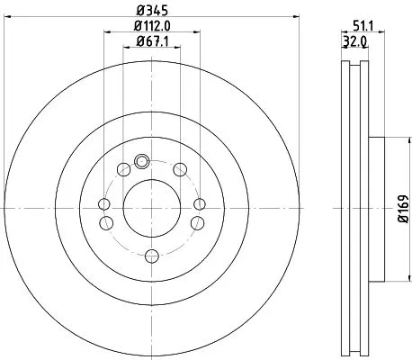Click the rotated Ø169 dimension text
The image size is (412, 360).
(401, 208)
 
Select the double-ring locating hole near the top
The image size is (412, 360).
(140, 162)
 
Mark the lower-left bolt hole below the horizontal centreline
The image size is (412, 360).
(104, 224)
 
